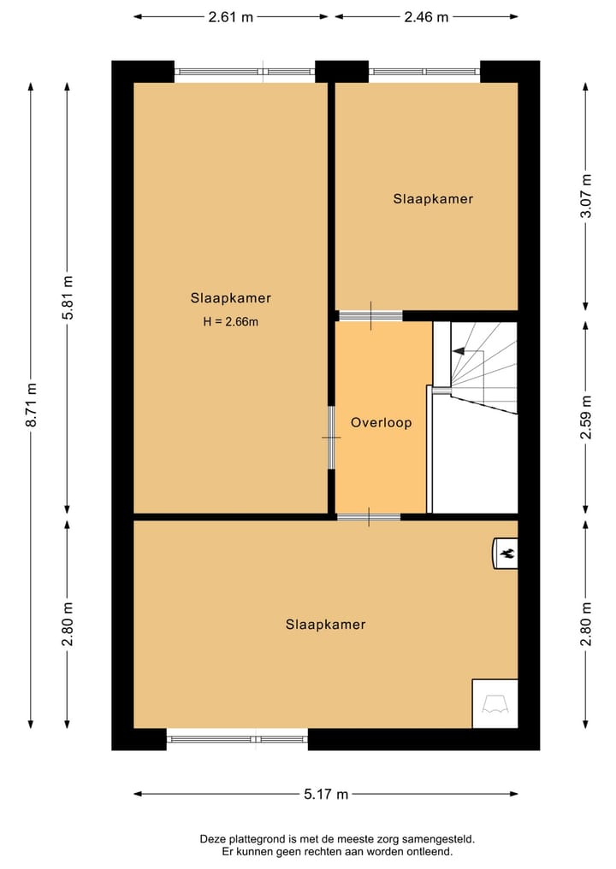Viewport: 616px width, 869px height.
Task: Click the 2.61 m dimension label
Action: pyautogui.click(x=231, y=16)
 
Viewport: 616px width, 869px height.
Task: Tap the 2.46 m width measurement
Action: pyautogui.click(x=426, y=16)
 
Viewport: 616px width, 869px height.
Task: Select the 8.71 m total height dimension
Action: pyautogui.click(x=32, y=405)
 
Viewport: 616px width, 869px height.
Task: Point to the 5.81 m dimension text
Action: pyautogui.click(x=68, y=297)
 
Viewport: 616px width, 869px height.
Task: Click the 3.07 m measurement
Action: pyautogui.click(x=586, y=197)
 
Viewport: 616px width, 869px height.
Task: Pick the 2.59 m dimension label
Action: pyautogui.click(x=586, y=418)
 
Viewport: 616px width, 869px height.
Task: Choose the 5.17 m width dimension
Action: pyautogui.click(x=327, y=794)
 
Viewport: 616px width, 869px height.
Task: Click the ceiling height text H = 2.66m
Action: pyautogui.click(x=230, y=321)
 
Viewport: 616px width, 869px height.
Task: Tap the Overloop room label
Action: pyautogui.click(x=381, y=422)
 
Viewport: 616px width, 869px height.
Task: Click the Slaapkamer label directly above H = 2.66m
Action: pyautogui.click(x=230, y=298)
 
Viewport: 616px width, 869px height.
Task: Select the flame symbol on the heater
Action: pyautogui.click(x=506, y=553)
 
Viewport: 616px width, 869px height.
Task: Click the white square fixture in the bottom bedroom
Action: pyautogui.click(x=495, y=703)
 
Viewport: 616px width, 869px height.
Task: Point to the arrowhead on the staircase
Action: pyautogui.click(x=458, y=350)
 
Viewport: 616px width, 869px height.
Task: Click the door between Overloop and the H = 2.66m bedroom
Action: pyautogui.click(x=332, y=437)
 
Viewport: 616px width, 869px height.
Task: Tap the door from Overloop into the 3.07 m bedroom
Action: pyautogui.click(x=370, y=315)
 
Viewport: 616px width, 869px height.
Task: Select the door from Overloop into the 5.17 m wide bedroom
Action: pyautogui.click(x=369, y=517)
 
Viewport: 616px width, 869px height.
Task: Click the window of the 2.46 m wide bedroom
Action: pyautogui.click(x=424, y=72)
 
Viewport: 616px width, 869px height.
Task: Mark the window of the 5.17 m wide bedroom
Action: pyautogui.click(x=237, y=739)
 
